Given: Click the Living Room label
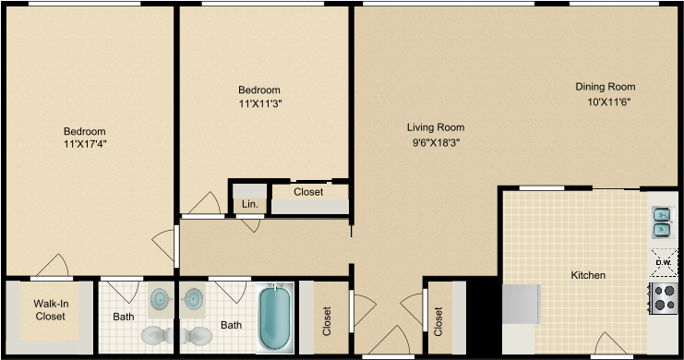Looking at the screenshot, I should pyautogui.click(x=436, y=127).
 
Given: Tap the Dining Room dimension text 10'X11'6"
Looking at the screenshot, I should pyautogui.click(x=605, y=102).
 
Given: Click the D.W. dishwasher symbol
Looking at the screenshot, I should pyautogui.click(x=662, y=262).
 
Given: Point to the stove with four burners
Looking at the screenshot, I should pyautogui.click(x=664, y=297).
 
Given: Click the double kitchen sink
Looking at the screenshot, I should pyautogui.click(x=662, y=222).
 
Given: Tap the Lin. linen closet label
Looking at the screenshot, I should pyautogui.click(x=249, y=204).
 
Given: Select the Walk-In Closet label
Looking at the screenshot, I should pyautogui.click(x=50, y=309).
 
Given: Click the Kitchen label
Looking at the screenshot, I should pyautogui.click(x=588, y=275).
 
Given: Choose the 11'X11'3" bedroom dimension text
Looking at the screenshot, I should pyautogui.click(x=258, y=103).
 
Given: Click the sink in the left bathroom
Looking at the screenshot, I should pyautogui.click(x=160, y=299).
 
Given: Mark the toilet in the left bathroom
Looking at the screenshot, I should pyautogui.click(x=154, y=334).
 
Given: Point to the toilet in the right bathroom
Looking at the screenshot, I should pyautogui.click(x=197, y=334).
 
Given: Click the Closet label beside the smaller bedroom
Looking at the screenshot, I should pyautogui.click(x=307, y=192).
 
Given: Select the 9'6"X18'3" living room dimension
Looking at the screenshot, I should pyautogui.click(x=436, y=143).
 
